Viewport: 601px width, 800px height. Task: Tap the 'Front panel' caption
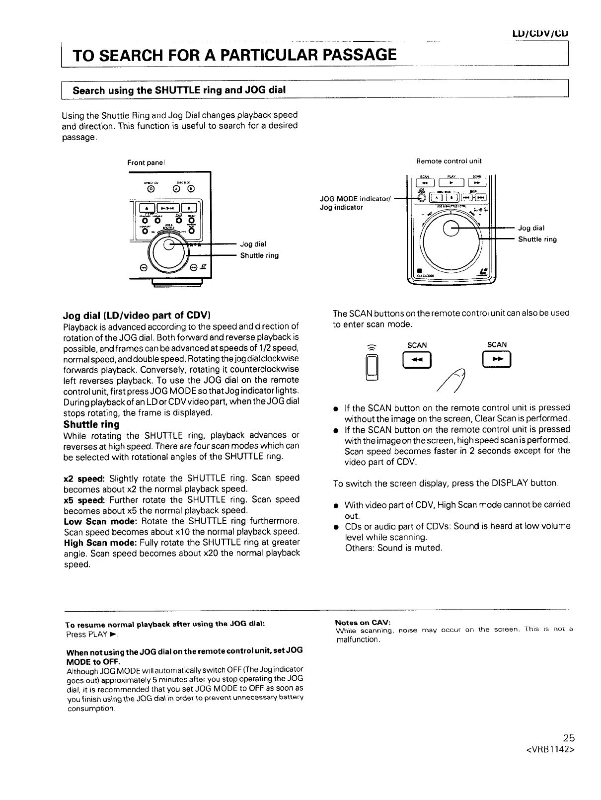pyautogui.click(x=146, y=163)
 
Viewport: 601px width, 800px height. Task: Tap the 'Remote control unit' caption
pyautogui.click(x=449, y=161)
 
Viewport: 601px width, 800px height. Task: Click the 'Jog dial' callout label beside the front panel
pyautogui.click(x=253, y=244)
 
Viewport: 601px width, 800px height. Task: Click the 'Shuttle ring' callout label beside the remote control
pyautogui.click(x=537, y=240)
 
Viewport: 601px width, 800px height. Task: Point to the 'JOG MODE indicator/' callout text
pyautogui.click(x=356, y=199)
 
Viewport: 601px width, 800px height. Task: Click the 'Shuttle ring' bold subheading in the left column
pyautogui.click(x=91, y=425)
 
